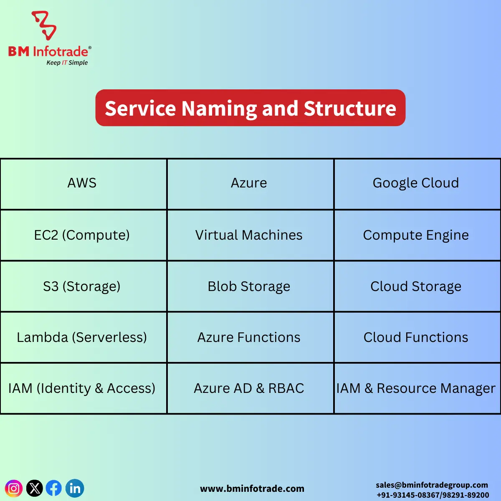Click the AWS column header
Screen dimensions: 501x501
[x=82, y=183]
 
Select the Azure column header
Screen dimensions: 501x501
[x=249, y=183]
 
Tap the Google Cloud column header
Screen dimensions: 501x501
[x=416, y=183]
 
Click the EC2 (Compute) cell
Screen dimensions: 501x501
[x=82, y=235]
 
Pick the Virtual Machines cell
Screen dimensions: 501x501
[x=249, y=235]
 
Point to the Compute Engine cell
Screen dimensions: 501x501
[x=416, y=235]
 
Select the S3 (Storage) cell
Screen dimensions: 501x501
[x=82, y=286]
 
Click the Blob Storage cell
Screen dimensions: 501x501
[x=249, y=286]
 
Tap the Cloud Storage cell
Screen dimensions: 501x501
[x=416, y=286]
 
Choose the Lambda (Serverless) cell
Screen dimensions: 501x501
[x=82, y=337]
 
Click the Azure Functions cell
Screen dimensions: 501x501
[x=249, y=337]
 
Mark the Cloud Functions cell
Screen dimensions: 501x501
[x=416, y=337]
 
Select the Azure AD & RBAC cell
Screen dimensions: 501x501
[x=249, y=388]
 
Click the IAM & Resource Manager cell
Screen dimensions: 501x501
[x=416, y=388]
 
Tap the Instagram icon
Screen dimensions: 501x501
[x=14, y=488]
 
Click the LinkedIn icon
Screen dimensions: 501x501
[x=75, y=488]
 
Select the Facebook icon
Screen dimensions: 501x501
[x=54, y=488]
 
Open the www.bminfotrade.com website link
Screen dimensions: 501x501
[x=252, y=489]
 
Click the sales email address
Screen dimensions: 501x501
[x=432, y=485]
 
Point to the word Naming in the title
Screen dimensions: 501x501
[x=219, y=109]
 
